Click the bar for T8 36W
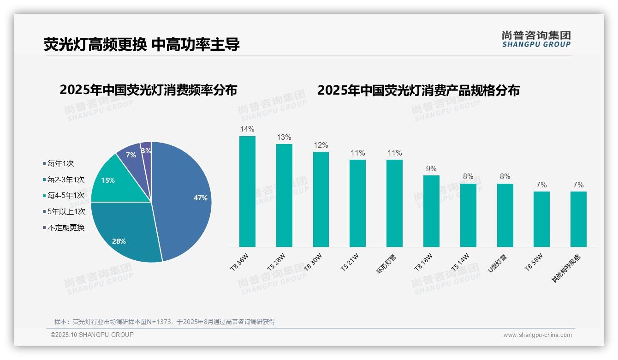click(247, 192)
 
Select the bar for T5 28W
click(284, 196)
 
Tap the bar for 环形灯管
click(394, 204)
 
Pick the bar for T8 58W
click(541, 219)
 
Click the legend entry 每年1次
click(60, 163)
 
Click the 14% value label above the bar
click(247, 129)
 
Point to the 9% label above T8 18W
click(431, 168)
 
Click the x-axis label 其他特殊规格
click(567, 268)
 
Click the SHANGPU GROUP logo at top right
click(536, 39)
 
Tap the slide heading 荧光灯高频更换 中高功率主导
click(142, 44)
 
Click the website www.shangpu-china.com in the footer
click(537, 335)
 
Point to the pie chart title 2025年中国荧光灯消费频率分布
click(148, 90)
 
